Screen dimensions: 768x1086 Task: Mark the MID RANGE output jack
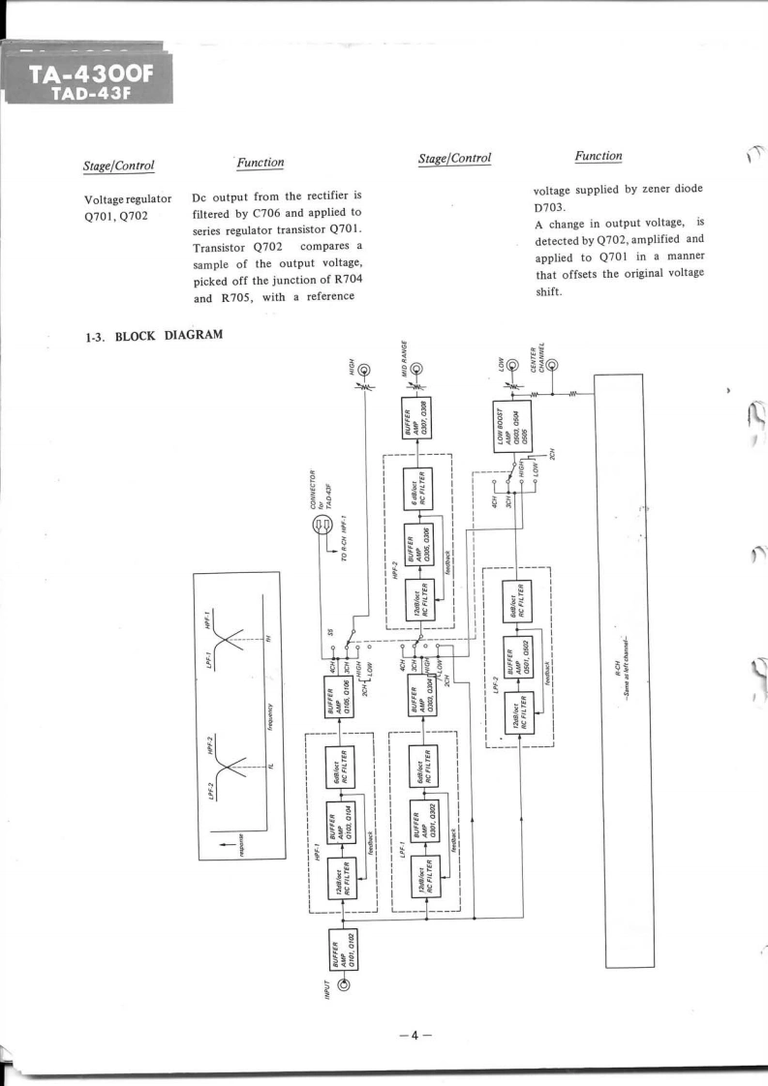point(416,369)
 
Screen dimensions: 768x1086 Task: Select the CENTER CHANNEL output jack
point(551,365)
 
